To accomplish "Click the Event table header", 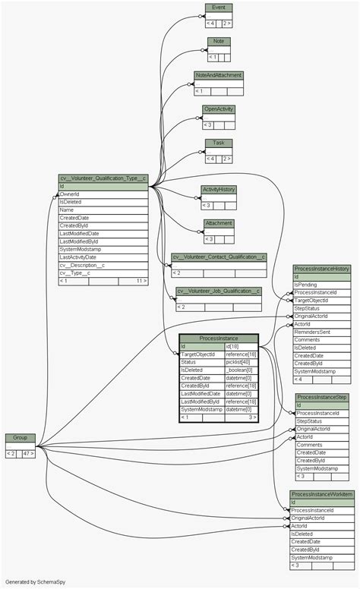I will pyautogui.click(x=219, y=8).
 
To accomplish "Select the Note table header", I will pyautogui.click(x=219, y=41).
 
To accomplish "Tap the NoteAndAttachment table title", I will pyautogui.click(x=218, y=75).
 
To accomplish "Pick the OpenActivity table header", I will pyautogui.click(x=219, y=109).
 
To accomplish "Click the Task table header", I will pyautogui.click(x=219, y=143).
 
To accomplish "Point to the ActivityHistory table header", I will pyautogui.click(x=219, y=189).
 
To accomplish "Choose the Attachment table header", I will pyautogui.click(x=219, y=223).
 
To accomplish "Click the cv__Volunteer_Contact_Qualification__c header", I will pyautogui.click(x=219, y=257).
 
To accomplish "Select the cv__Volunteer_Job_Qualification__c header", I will pyautogui.click(x=219, y=291).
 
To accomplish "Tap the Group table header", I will pyautogui.click(x=21, y=438).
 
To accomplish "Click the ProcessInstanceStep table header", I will pyautogui.click(x=322, y=397).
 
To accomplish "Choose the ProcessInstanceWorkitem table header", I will pyautogui.click(x=322, y=494).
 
